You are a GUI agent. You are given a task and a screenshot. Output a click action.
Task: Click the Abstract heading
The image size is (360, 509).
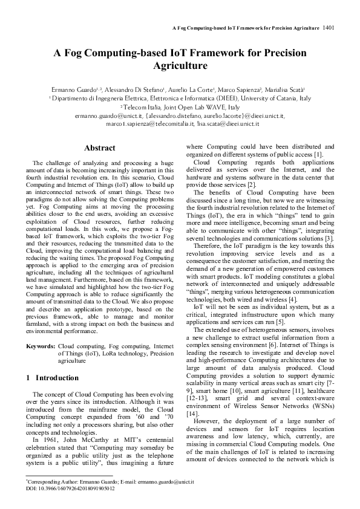tap(99, 148)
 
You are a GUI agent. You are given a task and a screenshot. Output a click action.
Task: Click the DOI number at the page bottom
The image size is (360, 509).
tap(76, 487)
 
